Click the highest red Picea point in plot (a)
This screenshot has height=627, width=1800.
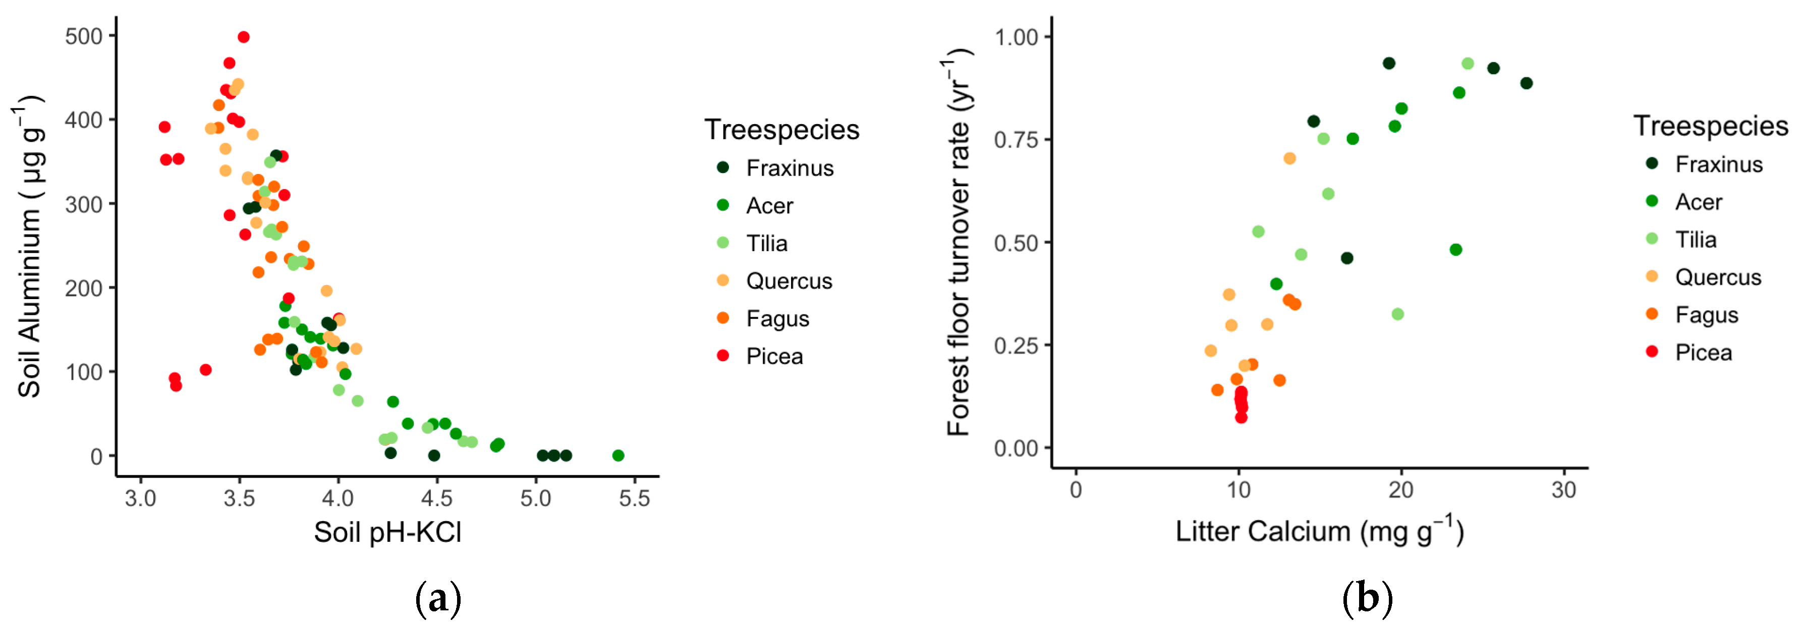pos(243,37)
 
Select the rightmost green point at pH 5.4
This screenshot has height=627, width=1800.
pos(617,455)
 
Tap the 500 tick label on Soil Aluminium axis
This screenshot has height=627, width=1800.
pos(84,36)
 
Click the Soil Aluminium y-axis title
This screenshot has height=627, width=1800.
pos(29,246)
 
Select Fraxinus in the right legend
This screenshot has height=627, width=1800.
pos(1718,164)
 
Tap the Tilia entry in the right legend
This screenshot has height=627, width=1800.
pos(1695,240)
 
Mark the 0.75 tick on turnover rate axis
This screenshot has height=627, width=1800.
pos(1016,140)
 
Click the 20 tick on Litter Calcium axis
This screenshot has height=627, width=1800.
pos(1401,490)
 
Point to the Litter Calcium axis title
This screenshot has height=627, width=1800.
pos(1319,531)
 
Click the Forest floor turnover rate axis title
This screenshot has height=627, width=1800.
pos(960,243)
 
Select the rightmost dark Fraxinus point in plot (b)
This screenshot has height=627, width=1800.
pos(1526,83)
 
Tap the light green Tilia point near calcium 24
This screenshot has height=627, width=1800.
pos(1468,64)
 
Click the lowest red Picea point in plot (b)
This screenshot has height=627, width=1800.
pos(1241,417)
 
